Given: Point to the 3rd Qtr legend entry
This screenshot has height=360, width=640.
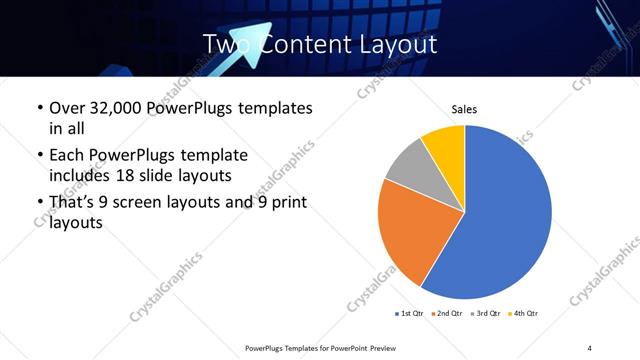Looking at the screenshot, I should (x=486, y=314).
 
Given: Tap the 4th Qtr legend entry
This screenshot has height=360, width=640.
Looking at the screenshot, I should (x=524, y=314).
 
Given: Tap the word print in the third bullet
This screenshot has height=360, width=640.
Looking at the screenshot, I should (x=290, y=203).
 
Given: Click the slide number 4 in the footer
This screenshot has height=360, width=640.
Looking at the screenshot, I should (x=590, y=347).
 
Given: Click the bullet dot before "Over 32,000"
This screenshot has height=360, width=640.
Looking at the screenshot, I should (x=38, y=108).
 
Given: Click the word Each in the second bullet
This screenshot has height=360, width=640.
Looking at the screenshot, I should (x=66, y=155).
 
